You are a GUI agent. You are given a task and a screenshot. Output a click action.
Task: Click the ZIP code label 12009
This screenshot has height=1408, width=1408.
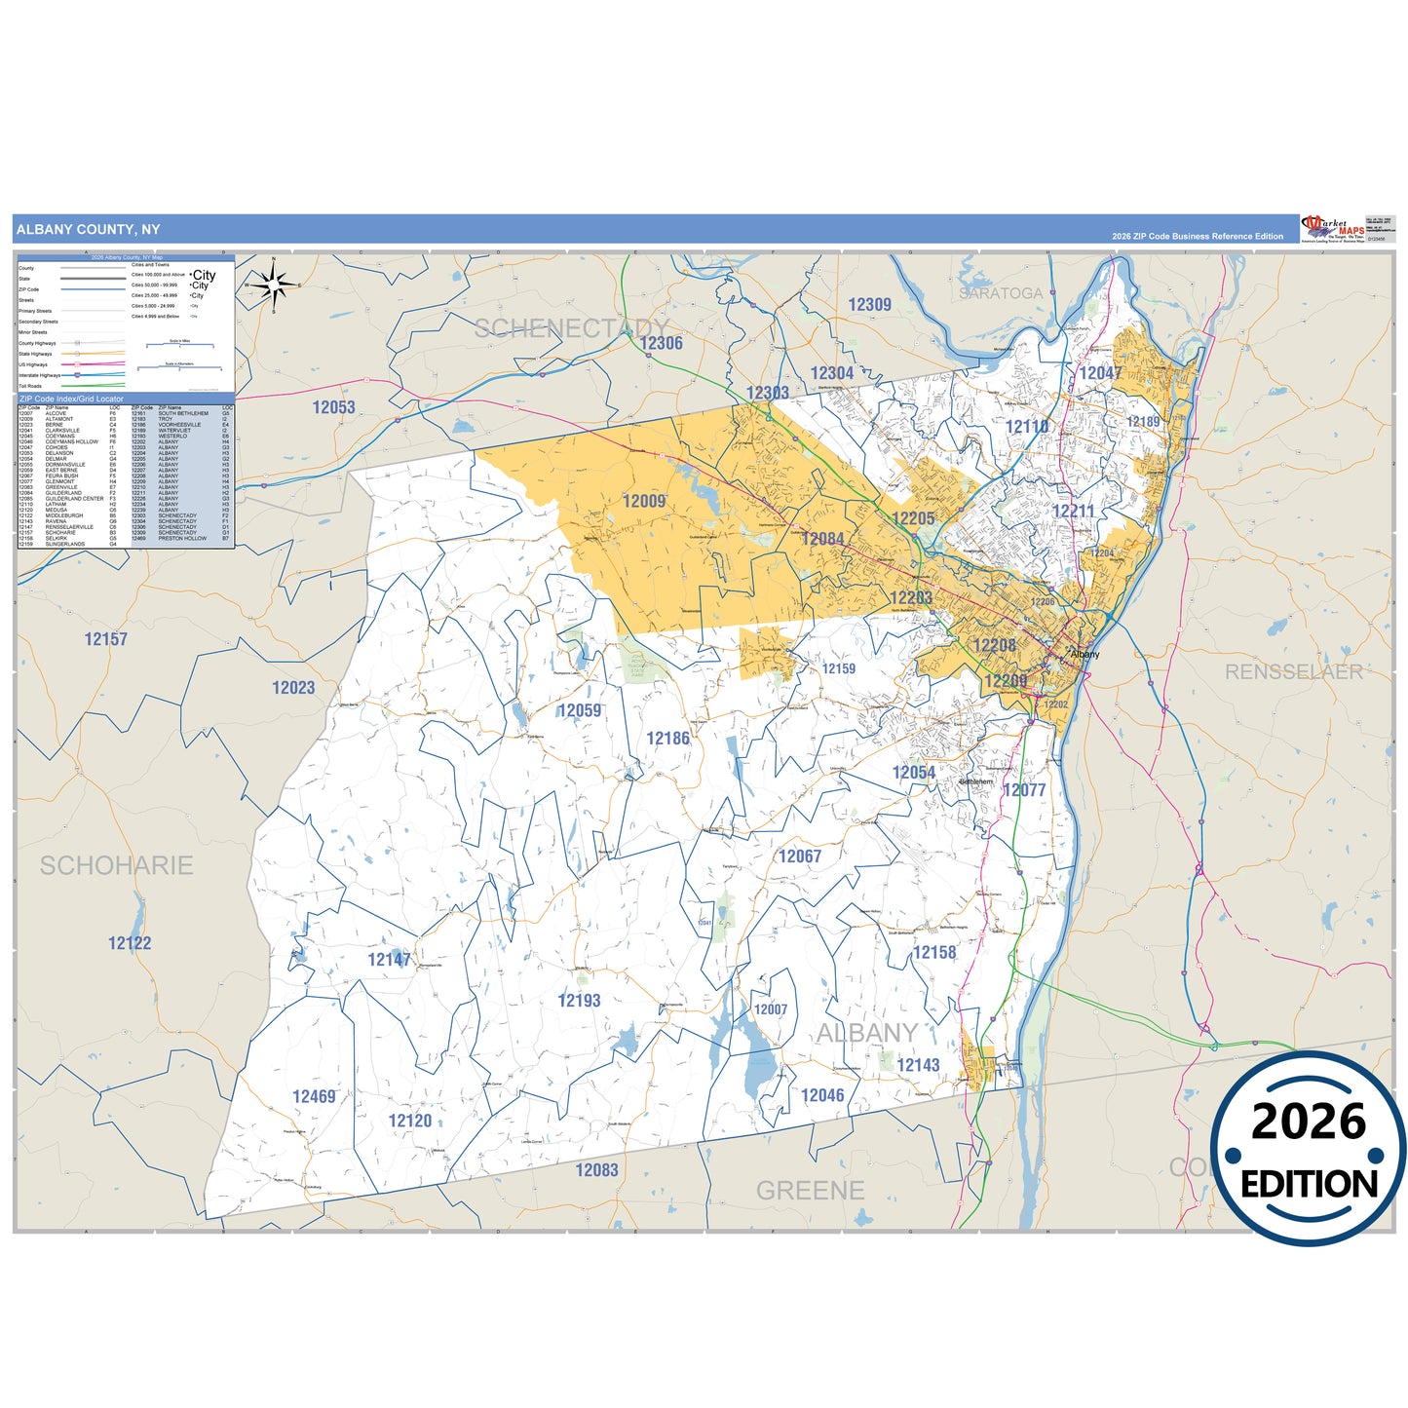[x=644, y=501]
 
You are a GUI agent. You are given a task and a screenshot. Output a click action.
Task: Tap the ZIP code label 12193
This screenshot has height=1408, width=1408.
[x=579, y=1001]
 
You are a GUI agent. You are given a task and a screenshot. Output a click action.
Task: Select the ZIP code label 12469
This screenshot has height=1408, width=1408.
[x=314, y=1097]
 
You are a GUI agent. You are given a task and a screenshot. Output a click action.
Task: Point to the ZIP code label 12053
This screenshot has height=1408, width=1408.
[x=333, y=407]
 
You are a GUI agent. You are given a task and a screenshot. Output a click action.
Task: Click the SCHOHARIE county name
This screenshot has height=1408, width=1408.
[x=116, y=865]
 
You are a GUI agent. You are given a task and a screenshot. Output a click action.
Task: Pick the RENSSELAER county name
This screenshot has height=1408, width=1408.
[x=1293, y=672]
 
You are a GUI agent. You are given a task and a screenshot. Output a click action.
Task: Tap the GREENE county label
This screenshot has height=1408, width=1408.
[x=810, y=1191]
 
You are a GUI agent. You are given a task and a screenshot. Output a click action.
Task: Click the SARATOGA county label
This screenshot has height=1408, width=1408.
[x=1000, y=293]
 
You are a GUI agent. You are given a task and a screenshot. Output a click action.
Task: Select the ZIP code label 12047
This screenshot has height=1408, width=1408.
[x=1100, y=373]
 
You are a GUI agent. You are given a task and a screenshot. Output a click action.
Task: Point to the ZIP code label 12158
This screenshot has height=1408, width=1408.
[x=934, y=953]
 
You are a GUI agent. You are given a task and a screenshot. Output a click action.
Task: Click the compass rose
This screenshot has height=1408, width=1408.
[x=274, y=285]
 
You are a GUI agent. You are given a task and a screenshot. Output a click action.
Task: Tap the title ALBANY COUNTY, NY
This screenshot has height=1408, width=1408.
[x=89, y=230]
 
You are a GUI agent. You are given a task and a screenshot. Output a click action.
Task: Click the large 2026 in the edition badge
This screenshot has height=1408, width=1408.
[x=1309, y=1122]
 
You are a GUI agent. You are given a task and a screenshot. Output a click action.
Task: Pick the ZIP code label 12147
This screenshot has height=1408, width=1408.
[x=389, y=960]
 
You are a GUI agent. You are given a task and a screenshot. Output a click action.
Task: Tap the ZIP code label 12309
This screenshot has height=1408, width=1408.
[x=869, y=305]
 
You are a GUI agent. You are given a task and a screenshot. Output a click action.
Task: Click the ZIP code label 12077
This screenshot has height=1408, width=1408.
[x=1024, y=790]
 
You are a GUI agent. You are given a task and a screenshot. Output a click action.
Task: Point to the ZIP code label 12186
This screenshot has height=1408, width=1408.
[x=667, y=739]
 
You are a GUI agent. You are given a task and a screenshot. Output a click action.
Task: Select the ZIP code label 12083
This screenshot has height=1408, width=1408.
[x=596, y=1170]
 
